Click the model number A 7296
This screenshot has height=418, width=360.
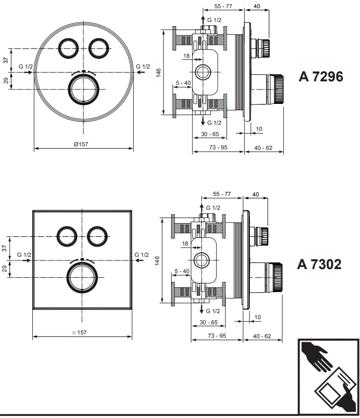click(321, 77)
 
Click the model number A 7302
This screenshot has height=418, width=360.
click(319, 265)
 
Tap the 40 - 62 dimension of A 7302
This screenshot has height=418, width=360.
click(262, 336)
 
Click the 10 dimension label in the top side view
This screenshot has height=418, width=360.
click(259, 129)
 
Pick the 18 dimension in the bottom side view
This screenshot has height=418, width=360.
click(186, 244)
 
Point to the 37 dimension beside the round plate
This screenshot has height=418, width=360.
click(6, 60)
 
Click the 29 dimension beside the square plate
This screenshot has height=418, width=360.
click(6, 269)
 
